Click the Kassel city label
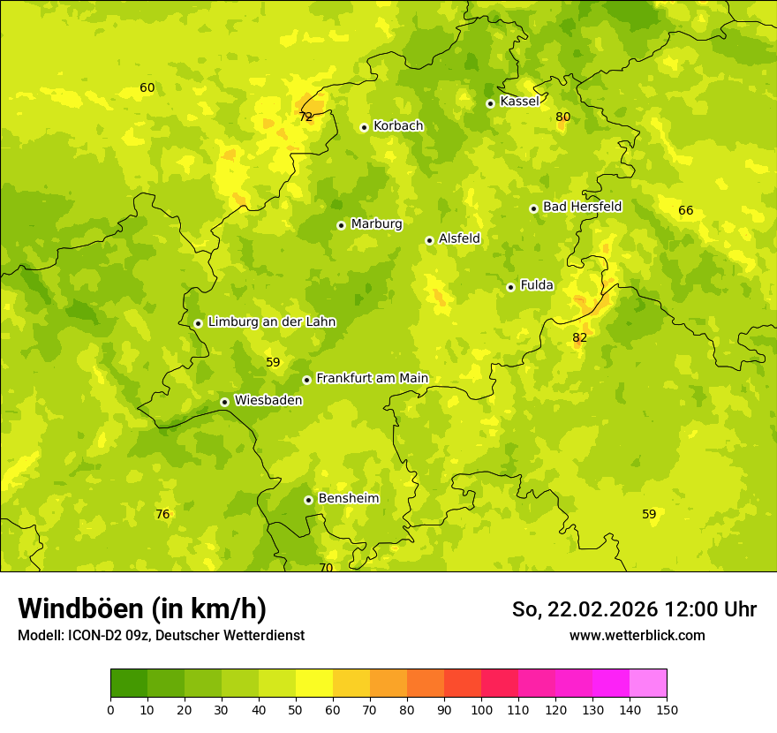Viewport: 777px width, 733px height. (x=519, y=102)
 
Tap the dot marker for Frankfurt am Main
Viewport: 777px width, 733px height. (x=306, y=380)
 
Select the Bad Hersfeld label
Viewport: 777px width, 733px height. (x=582, y=207)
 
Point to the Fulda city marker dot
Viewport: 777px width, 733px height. (x=510, y=287)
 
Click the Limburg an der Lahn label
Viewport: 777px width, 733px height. (x=271, y=322)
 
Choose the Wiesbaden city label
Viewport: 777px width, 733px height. (x=268, y=400)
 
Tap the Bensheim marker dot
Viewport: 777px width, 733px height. (x=308, y=500)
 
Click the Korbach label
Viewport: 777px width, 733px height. (x=398, y=126)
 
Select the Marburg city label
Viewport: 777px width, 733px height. (x=376, y=224)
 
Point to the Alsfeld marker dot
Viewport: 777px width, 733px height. (x=429, y=240)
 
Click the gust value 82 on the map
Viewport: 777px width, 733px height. (x=579, y=338)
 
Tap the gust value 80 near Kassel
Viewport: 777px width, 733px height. (x=562, y=117)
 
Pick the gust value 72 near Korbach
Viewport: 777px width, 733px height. (x=306, y=117)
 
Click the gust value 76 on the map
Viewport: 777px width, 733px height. (x=162, y=514)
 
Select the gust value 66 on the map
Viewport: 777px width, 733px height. (x=685, y=210)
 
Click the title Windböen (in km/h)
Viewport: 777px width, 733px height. (x=142, y=608)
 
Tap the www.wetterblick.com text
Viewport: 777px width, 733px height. (x=637, y=635)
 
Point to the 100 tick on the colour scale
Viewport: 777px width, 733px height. (x=481, y=709)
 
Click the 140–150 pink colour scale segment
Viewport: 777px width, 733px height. (x=648, y=684)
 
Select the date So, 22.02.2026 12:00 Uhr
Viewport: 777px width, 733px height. (x=634, y=609)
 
